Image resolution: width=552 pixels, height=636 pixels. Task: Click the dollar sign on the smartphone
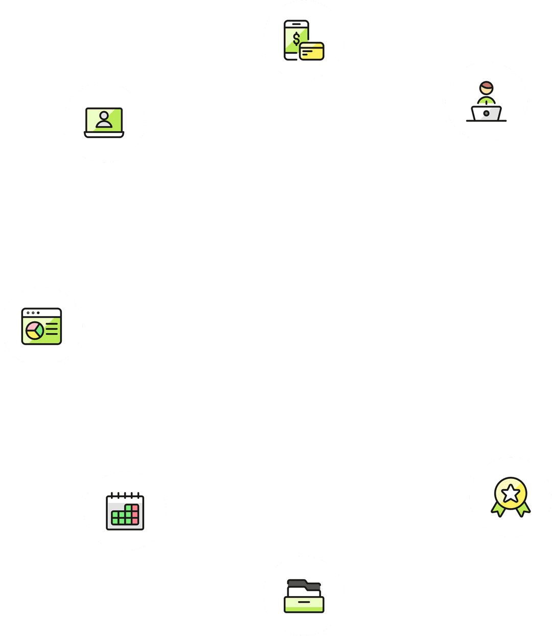click(296, 39)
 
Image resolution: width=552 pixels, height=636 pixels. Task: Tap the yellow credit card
click(312, 51)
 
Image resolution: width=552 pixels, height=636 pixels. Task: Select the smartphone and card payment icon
click(304, 40)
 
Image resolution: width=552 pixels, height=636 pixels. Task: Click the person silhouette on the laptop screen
click(104, 120)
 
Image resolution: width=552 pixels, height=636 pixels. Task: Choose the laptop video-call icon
click(104, 123)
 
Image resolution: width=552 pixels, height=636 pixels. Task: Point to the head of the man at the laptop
click(486, 87)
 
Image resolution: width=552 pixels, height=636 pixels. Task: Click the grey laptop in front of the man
click(486, 113)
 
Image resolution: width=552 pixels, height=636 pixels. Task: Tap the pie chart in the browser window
click(35, 331)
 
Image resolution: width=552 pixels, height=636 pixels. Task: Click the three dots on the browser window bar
click(33, 313)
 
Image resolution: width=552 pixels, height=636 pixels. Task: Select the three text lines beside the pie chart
click(52, 329)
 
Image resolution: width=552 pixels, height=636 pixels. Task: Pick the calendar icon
click(125, 511)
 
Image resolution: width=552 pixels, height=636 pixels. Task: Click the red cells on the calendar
click(135, 514)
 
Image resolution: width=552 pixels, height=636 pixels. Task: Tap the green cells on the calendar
click(122, 517)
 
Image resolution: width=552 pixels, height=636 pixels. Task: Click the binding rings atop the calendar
click(125, 495)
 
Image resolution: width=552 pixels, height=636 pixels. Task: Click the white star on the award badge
click(511, 494)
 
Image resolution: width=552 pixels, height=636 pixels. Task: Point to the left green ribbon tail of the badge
click(497, 509)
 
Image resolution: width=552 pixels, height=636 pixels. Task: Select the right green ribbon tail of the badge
click(524, 509)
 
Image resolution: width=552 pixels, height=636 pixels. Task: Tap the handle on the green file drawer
click(304, 602)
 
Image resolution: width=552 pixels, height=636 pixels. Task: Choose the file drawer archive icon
click(304, 596)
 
